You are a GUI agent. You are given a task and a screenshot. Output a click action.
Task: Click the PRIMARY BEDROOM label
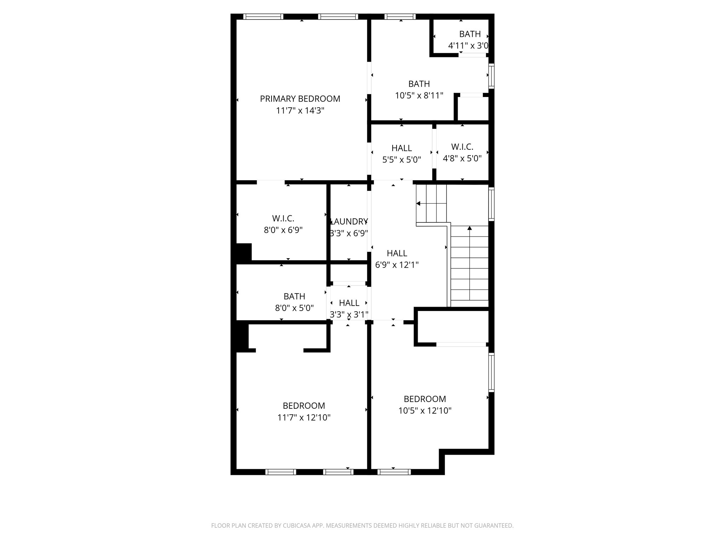(x=300, y=99)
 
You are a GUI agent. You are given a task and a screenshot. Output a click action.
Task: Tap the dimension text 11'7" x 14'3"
(x=300, y=111)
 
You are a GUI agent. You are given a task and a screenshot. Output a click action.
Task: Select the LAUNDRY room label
(x=349, y=222)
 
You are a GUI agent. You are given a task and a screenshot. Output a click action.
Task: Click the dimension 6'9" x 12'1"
(x=396, y=265)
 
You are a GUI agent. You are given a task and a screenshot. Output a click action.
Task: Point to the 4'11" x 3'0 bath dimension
(x=468, y=46)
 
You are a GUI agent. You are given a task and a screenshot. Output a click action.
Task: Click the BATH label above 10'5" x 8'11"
(x=419, y=84)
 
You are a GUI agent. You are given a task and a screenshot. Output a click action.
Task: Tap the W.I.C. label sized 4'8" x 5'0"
(x=462, y=147)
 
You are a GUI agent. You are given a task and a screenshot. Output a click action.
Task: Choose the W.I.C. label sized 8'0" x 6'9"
(x=283, y=219)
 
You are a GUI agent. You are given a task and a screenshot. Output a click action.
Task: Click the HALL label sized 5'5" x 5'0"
(x=401, y=148)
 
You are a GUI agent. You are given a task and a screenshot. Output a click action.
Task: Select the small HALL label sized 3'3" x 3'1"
(x=349, y=303)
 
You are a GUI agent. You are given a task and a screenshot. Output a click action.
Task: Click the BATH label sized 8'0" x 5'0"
(x=294, y=296)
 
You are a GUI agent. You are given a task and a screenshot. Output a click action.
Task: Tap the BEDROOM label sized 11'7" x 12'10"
(x=304, y=406)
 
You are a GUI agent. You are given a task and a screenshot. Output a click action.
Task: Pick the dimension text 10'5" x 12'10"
(x=425, y=411)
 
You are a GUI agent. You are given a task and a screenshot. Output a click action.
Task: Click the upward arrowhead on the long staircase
(x=470, y=228)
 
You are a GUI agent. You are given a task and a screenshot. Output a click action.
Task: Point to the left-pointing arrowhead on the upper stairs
(x=418, y=204)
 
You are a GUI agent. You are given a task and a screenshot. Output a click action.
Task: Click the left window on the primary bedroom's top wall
(x=263, y=16)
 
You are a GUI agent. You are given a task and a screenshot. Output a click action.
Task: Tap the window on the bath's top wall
(x=400, y=16)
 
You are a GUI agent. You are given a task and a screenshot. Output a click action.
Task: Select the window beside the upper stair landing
(x=491, y=204)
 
